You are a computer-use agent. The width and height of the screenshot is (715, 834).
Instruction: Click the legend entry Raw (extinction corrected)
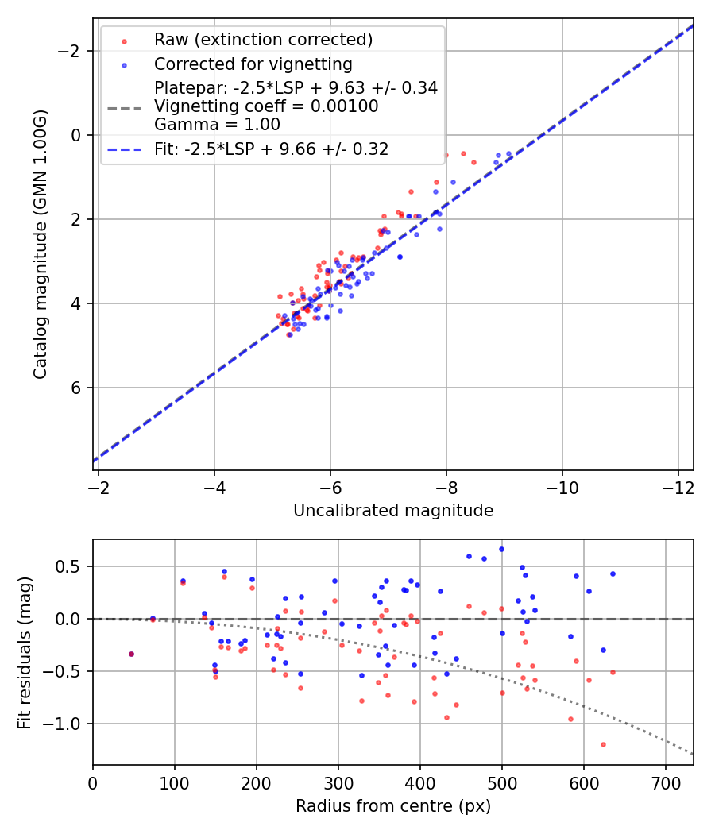[263, 40]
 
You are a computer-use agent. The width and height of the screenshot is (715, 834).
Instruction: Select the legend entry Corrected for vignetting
[253, 64]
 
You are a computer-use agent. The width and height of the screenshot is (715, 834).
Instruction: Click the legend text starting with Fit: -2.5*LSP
[271, 149]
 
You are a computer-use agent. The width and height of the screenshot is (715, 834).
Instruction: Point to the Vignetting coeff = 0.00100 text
[266, 106]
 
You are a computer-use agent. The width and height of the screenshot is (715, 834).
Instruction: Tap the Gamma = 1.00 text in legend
[217, 125]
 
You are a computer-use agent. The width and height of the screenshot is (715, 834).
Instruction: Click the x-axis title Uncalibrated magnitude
[393, 511]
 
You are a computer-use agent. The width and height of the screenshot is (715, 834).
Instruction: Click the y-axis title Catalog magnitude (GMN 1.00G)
[41, 245]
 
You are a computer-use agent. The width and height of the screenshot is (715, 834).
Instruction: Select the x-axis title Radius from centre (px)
[393, 806]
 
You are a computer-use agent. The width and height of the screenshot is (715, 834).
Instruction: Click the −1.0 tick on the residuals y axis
[68, 724]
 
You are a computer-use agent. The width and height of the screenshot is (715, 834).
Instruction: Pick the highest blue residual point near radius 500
[501, 549]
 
